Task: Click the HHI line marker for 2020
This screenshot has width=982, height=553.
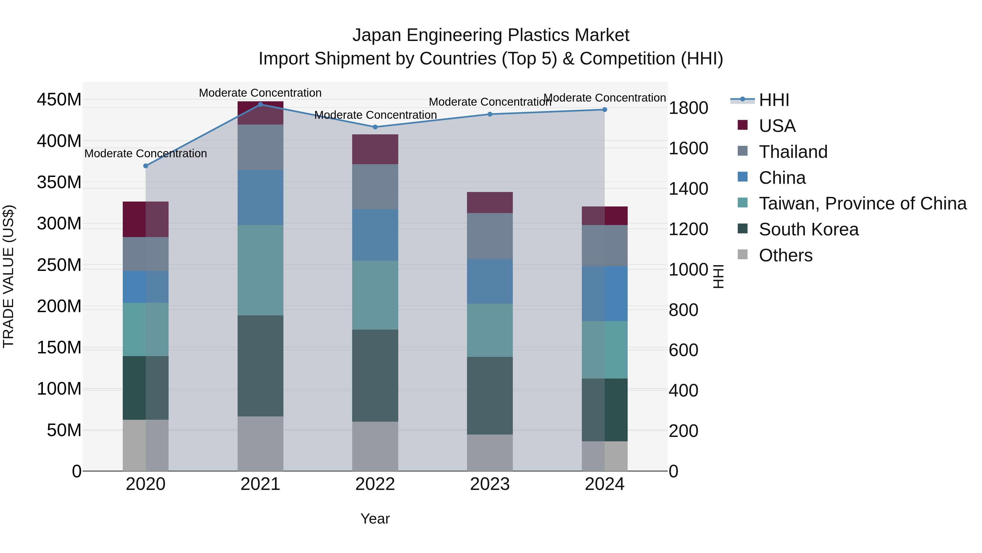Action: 146,166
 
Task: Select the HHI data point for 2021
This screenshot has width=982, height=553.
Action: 261,105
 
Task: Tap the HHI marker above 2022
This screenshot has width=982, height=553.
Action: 375,127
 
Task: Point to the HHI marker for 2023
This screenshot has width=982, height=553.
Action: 490,114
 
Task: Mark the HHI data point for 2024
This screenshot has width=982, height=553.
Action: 604,110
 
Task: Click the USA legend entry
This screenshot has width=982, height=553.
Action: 777,126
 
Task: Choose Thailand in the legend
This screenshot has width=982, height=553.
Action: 793,152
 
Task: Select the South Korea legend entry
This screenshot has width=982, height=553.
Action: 809,229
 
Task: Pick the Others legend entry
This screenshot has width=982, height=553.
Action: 785,255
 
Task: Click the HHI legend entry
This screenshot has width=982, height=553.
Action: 774,100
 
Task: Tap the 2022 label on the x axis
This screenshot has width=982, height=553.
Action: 375,484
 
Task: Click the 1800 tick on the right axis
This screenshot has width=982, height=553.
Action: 688,108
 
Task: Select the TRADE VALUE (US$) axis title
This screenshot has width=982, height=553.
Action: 9,276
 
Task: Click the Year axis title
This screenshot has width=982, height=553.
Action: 375,519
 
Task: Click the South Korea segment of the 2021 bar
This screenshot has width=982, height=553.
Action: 261,366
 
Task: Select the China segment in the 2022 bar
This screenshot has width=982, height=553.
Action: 375,235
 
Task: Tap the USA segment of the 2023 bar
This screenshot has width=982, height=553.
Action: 490,203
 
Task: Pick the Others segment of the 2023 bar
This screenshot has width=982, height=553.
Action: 490,453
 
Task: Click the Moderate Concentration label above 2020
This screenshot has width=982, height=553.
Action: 146,153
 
